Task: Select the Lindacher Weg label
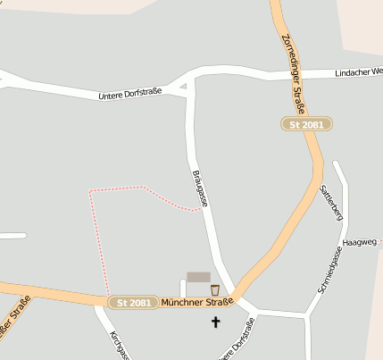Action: (x=358, y=72)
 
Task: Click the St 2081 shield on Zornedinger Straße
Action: (x=306, y=125)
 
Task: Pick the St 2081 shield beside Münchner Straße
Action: (x=134, y=303)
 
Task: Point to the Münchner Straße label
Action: (x=196, y=302)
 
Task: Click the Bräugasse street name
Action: (x=201, y=188)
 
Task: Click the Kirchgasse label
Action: (x=119, y=345)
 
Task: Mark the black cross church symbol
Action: (x=214, y=321)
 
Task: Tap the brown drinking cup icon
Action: (x=214, y=289)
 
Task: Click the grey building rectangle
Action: (x=198, y=278)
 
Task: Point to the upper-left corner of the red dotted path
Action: (x=90, y=191)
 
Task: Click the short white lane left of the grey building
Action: (x=182, y=288)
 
